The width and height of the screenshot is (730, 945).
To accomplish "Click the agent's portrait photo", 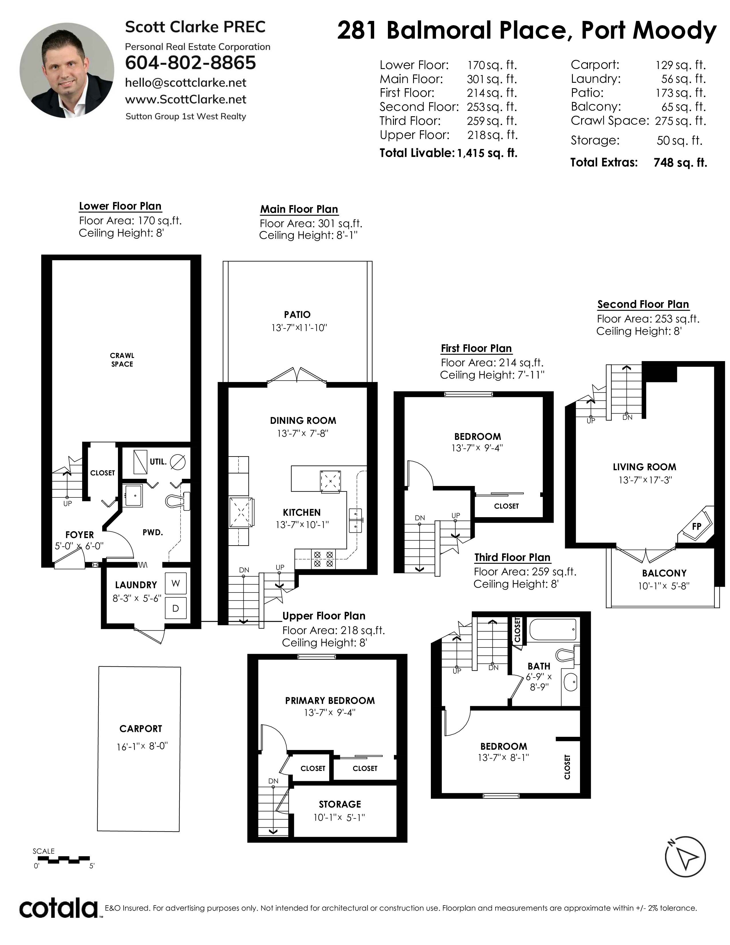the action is pyautogui.click(x=67, y=70).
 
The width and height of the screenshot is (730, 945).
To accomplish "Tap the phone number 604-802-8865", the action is pyautogui.click(x=190, y=63).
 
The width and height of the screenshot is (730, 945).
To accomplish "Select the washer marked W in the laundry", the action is pyautogui.click(x=175, y=583).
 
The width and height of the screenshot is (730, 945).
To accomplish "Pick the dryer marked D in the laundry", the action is pyautogui.click(x=175, y=608).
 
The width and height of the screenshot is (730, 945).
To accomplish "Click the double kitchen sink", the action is pyautogui.click(x=356, y=520).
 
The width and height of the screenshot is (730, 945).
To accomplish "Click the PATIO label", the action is pyautogui.click(x=297, y=314).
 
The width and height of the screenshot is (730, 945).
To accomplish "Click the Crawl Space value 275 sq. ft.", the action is pyautogui.click(x=680, y=121).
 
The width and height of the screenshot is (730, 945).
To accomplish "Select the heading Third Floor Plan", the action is pyautogui.click(x=512, y=557).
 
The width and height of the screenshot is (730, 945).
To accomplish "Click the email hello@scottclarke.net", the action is pyautogui.click(x=186, y=83).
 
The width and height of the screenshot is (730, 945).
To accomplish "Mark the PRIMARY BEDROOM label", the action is pyautogui.click(x=330, y=700).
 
